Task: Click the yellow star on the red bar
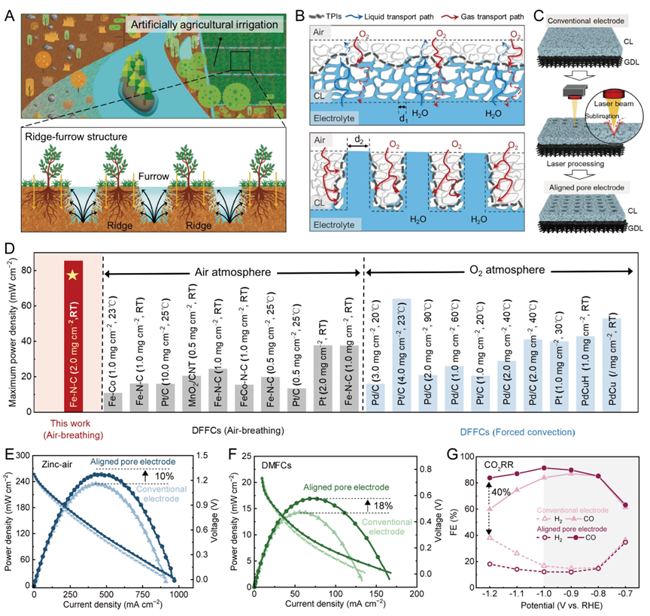pos(73,276)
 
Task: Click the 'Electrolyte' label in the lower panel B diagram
pos(336,225)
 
